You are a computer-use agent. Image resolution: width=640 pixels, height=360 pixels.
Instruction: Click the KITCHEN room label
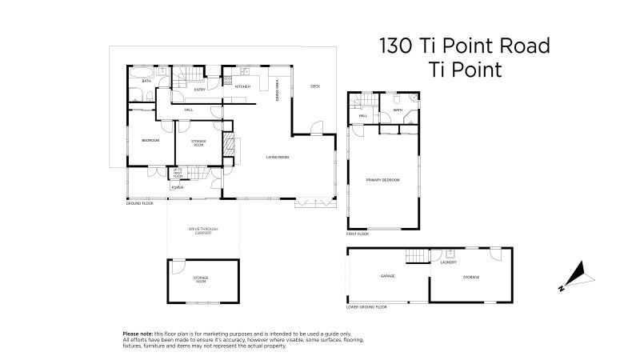point(242,86)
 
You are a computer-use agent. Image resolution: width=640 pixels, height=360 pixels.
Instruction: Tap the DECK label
point(315,86)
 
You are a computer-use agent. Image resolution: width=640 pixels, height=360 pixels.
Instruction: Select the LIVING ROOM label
point(278,157)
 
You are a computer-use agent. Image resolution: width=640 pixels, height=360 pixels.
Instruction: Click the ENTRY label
point(199,90)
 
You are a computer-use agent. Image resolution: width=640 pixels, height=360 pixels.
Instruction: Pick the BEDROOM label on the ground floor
point(150,141)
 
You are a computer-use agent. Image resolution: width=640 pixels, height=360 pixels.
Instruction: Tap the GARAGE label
point(388,277)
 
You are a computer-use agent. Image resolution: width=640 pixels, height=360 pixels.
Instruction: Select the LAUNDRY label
point(448,262)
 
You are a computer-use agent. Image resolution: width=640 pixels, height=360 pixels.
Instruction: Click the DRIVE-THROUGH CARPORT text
point(203,231)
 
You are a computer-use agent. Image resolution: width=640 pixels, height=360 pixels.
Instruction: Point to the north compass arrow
point(578,276)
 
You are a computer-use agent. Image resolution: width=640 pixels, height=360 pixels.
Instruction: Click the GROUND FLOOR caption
point(139,204)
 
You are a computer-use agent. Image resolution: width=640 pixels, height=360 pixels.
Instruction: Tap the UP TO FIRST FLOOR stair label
point(178,172)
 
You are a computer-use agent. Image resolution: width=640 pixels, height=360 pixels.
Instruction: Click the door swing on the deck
point(317,127)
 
